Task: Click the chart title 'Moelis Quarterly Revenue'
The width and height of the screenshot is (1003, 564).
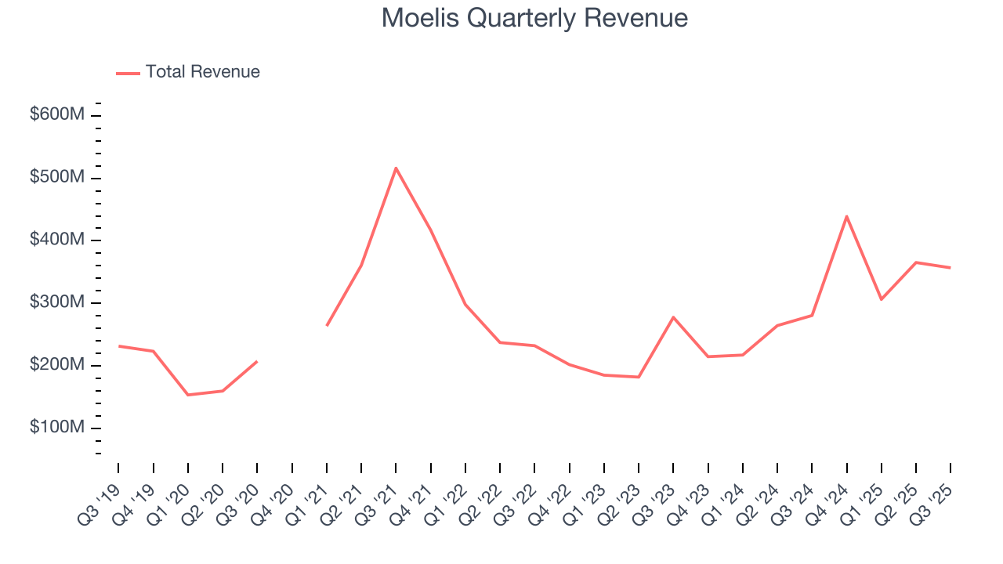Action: click(534, 18)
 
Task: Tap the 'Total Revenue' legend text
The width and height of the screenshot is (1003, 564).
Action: click(202, 72)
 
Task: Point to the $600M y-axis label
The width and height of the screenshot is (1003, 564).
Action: click(56, 114)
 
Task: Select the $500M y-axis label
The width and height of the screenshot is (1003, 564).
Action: click(56, 177)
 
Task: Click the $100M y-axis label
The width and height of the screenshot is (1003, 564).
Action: click(56, 428)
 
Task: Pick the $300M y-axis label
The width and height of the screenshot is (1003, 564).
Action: click(56, 302)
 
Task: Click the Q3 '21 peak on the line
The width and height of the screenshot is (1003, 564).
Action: click(396, 168)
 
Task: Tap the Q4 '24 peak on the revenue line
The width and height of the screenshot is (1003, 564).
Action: click(846, 216)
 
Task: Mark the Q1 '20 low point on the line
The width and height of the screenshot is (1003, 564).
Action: click(188, 395)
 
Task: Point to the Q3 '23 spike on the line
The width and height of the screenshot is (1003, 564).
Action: click(673, 317)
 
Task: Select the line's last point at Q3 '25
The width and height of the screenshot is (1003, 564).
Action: click(950, 268)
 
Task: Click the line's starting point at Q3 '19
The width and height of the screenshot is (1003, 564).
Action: click(118, 345)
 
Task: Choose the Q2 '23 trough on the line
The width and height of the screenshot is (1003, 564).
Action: click(639, 377)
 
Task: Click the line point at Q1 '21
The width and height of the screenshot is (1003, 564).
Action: click(327, 325)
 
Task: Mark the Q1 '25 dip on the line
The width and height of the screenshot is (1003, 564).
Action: click(882, 299)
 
